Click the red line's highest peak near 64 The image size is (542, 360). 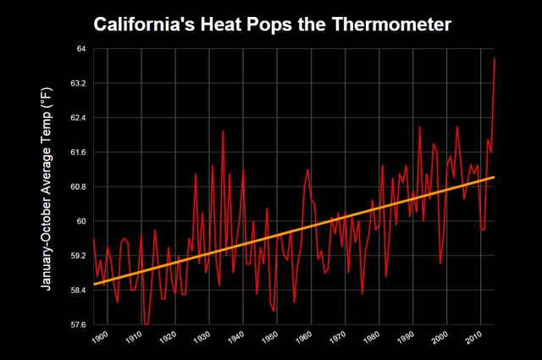point(495,58)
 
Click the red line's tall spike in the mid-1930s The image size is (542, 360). point(223,131)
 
